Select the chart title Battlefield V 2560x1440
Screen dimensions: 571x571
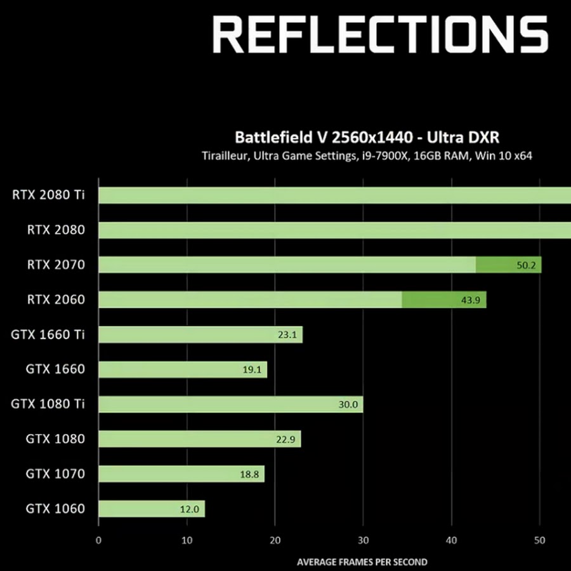371,137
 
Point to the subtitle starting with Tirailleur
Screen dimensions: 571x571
367,155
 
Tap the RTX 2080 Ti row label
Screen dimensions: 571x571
48,195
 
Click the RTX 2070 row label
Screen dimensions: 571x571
56,265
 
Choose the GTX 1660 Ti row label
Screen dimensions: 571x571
48,334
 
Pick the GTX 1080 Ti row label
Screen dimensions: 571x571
48,404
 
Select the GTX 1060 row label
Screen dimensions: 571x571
56,508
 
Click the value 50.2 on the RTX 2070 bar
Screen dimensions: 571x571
527,265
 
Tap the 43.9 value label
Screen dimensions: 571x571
471,300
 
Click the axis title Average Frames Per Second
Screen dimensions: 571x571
362,561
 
